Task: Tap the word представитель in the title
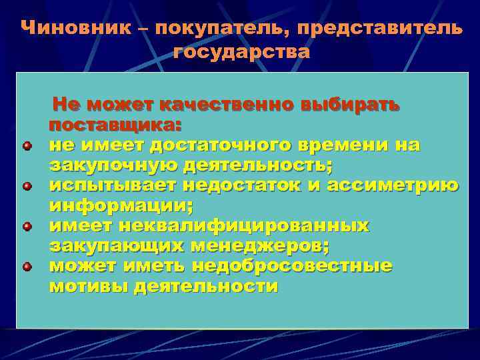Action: point(379,28)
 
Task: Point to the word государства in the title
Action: point(241,52)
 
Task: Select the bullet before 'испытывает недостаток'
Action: point(26,187)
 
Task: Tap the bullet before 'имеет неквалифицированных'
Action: point(26,227)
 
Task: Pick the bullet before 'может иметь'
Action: point(26,267)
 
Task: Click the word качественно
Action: point(225,105)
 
